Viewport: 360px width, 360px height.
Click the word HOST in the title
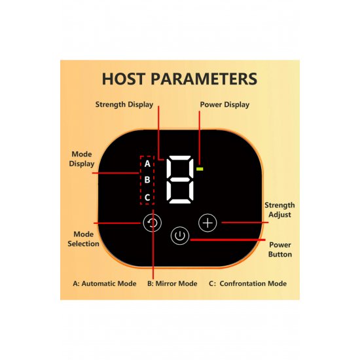pyautogui.click(x=124, y=79)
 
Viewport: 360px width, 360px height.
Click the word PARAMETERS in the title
pyautogui.click(x=204, y=79)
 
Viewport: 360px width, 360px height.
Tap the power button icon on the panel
pyautogui.click(x=180, y=236)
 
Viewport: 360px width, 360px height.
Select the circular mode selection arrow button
pyautogui.click(x=153, y=223)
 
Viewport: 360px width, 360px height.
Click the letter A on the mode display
pyautogui.click(x=147, y=164)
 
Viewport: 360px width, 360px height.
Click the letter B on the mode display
pyautogui.click(x=147, y=179)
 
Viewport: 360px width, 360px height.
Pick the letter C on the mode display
pyautogui.click(x=147, y=197)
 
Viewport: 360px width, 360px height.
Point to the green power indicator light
pyautogui.click(x=200, y=169)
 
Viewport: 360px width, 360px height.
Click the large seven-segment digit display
pyautogui.click(x=180, y=179)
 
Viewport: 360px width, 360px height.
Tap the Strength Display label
pyautogui.click(x=124, y=105)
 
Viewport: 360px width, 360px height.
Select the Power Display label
pyautogui.click(x=225, y=105)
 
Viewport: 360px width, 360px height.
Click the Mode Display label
pyautogui.click(x=82, y=159)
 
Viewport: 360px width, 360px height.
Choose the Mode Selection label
pyautogui.click(x=83, y=239)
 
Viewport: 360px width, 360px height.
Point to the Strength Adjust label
pyautogui.click(x=279, y=210)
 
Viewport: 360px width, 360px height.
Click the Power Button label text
pyautogui.click(x=280, y=249)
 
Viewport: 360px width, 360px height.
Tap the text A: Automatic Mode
pyautogui.click(x=105, y=283)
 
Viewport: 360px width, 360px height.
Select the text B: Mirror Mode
pyautogui.click(x=172, y=283)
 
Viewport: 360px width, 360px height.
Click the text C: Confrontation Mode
pyautogui.click(x=247, y=283)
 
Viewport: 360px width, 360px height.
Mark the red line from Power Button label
pyautogui.click(x=228, y=240)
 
